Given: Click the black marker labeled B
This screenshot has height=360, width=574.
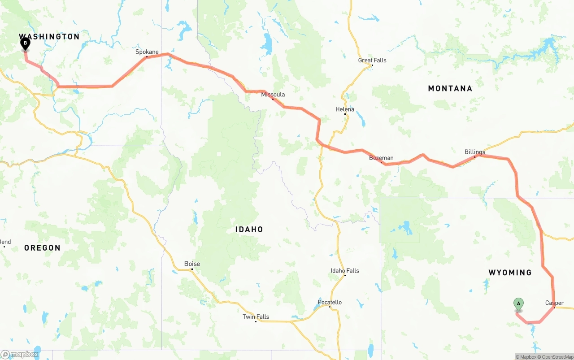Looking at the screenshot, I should (26, 44).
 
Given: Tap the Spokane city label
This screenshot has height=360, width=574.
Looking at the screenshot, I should (147, 52).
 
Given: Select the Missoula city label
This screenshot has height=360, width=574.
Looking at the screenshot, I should (273, 95).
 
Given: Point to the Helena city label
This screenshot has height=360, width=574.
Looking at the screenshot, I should (345, 109).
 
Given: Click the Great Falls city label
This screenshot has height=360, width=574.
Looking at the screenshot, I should (372, 61).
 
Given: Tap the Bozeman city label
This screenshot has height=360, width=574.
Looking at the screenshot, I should (381, 158).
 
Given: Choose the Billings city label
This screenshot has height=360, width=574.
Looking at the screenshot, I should (475, 152).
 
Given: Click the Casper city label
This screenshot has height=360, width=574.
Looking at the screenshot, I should (554, 303).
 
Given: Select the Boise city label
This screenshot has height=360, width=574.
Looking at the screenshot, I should (192, 264).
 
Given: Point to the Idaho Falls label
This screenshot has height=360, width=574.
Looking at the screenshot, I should (345, 271).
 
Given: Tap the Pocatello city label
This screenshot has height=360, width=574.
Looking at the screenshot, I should (330, 302).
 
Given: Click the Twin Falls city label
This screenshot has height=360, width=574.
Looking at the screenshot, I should (256, 317).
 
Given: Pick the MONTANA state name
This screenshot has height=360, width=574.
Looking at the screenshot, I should (450, 88).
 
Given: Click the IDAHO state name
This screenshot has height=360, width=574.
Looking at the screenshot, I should (249, 230).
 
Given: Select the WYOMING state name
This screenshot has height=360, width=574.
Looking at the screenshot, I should (510, 273).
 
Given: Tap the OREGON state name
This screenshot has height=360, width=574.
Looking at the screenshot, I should (42, 248).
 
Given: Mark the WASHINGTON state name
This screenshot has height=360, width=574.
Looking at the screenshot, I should (49, 36).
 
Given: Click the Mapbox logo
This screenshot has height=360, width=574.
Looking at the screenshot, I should (20, 355).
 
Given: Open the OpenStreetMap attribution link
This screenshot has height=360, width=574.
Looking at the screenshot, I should (557, 357).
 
